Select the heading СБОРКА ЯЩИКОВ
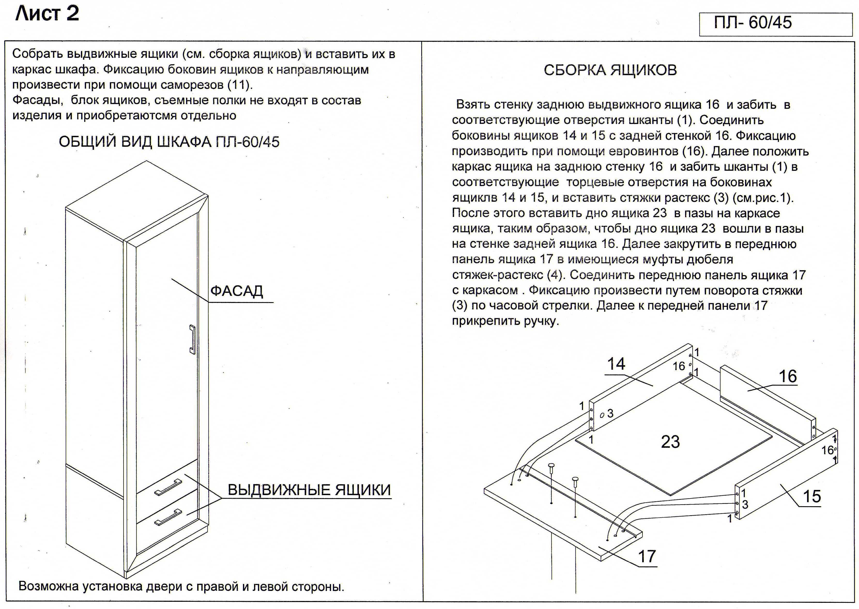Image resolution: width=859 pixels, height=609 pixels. (610, 70)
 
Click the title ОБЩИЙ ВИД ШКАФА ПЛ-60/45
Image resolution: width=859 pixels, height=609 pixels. (169, 142)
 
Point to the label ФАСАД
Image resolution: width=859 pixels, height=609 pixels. (236, 291)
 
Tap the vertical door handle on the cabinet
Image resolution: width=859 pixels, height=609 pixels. (193, 339)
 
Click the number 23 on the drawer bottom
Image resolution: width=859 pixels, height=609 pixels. (670, 442)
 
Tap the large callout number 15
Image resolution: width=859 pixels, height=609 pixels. (812, 496)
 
